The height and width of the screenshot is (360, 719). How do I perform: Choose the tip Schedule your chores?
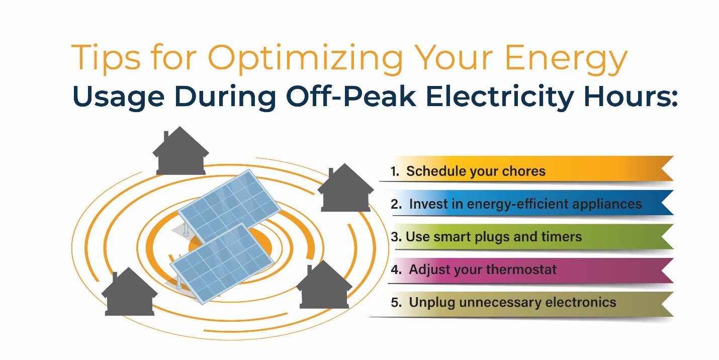click(476, 171)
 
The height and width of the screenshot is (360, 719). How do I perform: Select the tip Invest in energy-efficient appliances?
click(525, 204)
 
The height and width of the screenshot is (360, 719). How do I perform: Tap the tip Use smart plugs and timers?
click(494, 237)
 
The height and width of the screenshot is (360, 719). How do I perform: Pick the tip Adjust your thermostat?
click(483, 269)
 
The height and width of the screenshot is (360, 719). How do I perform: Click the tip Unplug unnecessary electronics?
click(512, 302)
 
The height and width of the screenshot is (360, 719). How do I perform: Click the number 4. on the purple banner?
click(396, 269)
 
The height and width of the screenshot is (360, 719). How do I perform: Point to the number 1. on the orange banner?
click(395, 171)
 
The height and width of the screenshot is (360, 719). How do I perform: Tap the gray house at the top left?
click(181, 151)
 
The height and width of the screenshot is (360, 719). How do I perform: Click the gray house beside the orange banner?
click(345, 188)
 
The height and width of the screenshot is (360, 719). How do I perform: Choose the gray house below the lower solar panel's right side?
click(324, 285)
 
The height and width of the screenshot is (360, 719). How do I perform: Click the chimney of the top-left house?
click(166, 137)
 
